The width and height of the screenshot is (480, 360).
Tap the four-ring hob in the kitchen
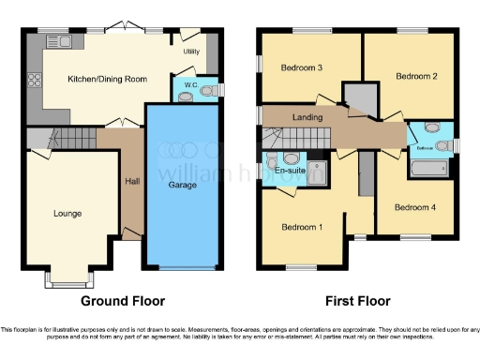pyautogui.click(x=35, y=79)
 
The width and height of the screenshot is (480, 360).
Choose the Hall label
pyautogui.click(x=132, y=180)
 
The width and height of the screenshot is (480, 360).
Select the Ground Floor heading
pyautogui.click(x=123, y=302)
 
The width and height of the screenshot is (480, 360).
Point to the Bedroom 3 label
pyautogui.click(x=302, y=67)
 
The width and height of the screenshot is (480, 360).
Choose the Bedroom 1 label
pyautogui.click(x=303, y=226)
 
